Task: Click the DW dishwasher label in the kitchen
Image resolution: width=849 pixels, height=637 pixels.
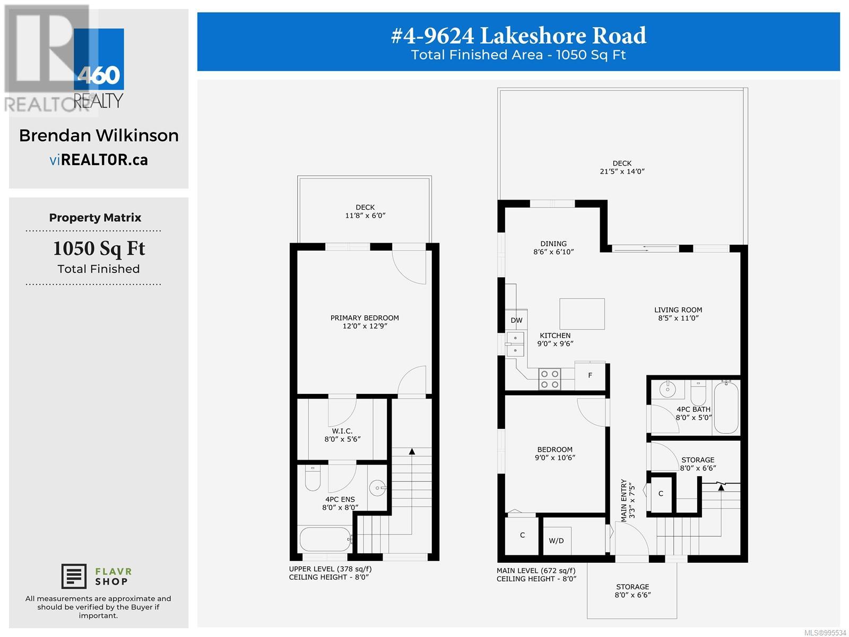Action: tap(516, 320)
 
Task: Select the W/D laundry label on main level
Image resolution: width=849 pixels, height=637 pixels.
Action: tap(556, 541)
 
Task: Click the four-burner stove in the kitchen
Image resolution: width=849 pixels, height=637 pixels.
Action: tap(549, 379)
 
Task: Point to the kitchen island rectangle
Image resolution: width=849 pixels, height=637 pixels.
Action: tap(582, 314)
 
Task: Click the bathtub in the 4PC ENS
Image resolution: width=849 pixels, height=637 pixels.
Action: tap(325, 539)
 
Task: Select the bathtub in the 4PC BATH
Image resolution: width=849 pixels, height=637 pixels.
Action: tap(726, 408)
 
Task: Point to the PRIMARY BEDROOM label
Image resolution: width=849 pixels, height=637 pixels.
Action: tap(365, 318)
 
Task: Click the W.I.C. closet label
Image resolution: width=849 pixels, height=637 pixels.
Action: tap(342, 431)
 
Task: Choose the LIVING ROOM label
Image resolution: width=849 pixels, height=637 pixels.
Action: tap(678, 310)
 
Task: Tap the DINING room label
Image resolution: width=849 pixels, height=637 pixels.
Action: tap(553, 244)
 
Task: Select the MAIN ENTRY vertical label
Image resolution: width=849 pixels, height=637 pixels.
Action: tap(624, 501)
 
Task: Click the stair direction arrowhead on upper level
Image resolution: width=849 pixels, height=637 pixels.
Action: tap(412, 452)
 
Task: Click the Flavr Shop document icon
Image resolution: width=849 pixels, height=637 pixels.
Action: tap(74, 576)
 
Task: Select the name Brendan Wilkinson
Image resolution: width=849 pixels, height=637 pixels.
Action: tap(99, 135)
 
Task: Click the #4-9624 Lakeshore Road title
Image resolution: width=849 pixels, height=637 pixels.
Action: tap(518, 36)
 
